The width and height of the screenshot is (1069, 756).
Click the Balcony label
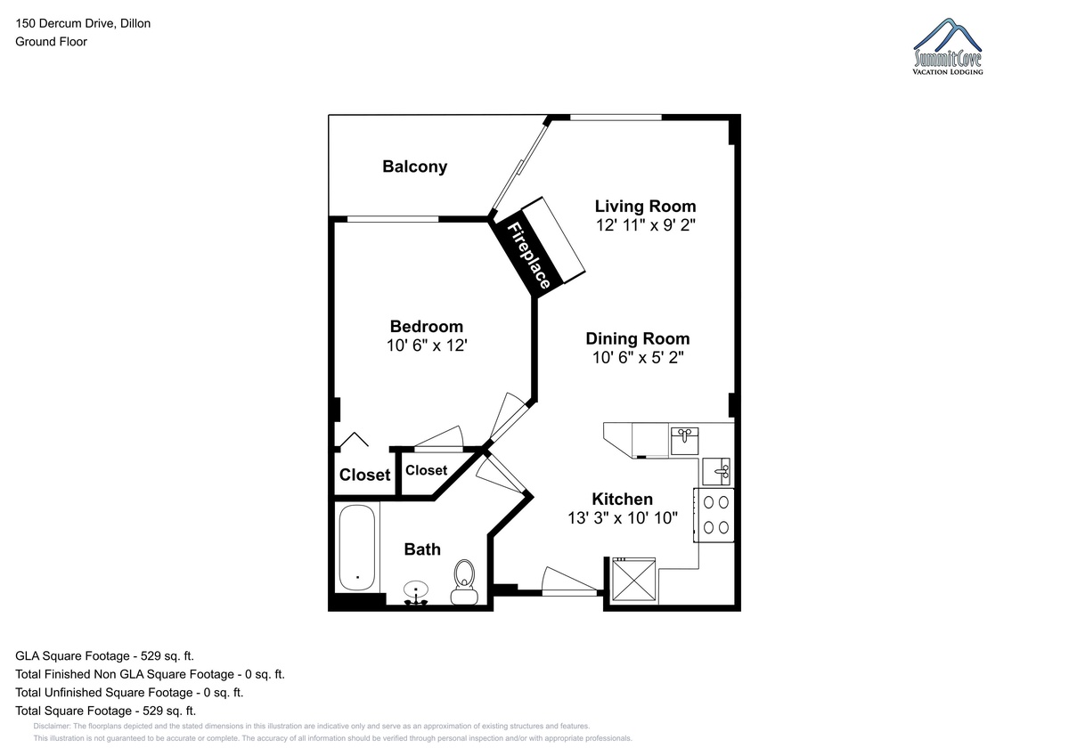[415, 167]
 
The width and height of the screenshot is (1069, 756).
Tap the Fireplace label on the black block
[528, 256]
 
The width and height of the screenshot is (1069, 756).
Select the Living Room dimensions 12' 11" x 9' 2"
[645, 225]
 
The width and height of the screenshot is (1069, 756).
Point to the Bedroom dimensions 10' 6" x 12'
[427, 345]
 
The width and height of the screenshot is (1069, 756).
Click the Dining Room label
[638, 338]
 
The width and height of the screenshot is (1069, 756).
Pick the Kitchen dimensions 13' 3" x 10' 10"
[623, 518]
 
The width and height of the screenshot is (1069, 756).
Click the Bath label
[422, 549]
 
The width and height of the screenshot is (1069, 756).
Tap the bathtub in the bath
[357, 548]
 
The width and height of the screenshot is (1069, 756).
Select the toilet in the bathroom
[464, 582]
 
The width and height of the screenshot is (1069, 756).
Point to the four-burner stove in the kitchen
[714, 515]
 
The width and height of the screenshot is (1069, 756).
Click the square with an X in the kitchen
[633, 579]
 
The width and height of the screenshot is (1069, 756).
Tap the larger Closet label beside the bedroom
[364, 476]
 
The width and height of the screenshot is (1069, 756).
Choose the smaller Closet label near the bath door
[426, 470]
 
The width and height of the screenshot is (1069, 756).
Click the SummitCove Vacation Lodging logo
[948, 46]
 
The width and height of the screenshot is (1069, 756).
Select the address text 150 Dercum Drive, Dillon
[83, 23]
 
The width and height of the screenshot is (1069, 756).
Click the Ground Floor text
[51, 42]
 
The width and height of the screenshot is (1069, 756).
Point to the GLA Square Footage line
[104, 656]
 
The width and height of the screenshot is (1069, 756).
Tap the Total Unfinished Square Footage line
[129, 693]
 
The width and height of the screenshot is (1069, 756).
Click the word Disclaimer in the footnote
[52, 727]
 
